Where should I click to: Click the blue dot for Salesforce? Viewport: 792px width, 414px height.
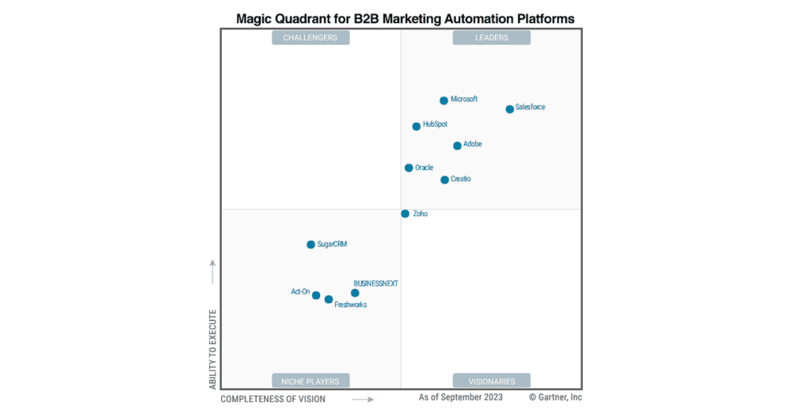[509, 109]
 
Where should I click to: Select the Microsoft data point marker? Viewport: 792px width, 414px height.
[444, 101]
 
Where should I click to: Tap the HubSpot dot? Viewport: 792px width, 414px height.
[416, 126]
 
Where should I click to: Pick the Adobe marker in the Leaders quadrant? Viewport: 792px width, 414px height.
[457, 146]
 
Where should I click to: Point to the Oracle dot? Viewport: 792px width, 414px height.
[409, 168]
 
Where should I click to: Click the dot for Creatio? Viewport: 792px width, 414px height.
[444, 180]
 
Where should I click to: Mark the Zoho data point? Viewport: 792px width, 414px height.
[405, 214]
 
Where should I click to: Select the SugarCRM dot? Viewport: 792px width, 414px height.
[310, 245]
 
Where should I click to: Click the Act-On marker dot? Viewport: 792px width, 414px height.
[316, 295]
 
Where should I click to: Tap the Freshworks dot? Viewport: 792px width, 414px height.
[329, 299]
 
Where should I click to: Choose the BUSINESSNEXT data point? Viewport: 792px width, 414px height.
[355, 293]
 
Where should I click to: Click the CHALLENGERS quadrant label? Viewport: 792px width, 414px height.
[310, 37]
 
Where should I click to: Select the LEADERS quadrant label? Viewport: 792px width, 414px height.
[491, 37]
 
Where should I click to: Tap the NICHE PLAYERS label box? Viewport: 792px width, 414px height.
[310, 381]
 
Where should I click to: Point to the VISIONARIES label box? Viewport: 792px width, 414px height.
[491, 381]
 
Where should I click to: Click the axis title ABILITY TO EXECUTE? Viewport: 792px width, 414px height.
[212, 349]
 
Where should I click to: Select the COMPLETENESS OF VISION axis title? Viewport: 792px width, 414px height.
[272, 399]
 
